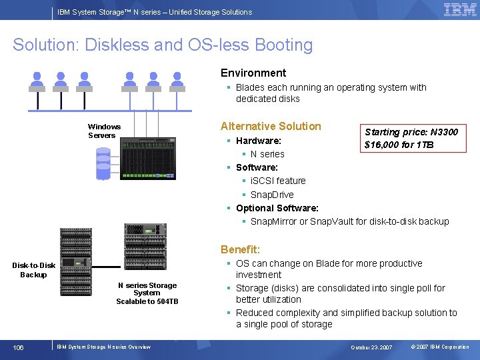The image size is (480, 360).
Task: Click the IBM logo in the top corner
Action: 459,10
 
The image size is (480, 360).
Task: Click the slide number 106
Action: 18,347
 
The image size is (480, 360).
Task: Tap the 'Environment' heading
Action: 253,73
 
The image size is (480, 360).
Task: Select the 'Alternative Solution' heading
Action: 271,126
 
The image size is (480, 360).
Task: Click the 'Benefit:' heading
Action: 240,249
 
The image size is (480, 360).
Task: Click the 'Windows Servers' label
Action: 104,131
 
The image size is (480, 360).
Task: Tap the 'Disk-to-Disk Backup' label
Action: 33,269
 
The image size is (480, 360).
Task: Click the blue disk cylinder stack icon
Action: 103,164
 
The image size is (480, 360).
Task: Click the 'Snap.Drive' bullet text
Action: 272,195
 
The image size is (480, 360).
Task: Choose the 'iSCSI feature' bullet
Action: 278,181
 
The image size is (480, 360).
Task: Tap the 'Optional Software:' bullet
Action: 277,208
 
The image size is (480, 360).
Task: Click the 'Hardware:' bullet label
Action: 258,141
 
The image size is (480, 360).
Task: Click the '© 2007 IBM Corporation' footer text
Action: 440,347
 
